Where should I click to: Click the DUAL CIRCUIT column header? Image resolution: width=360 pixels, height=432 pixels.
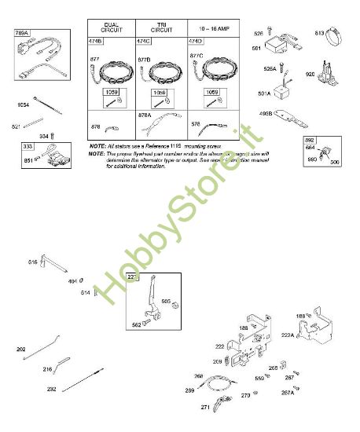click(x=111, y=25)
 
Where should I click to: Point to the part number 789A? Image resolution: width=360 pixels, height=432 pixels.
click(x=21, y=34)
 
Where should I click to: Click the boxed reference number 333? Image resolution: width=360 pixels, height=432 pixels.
click(x=28, y=146)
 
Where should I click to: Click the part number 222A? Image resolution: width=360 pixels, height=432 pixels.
click(x=288, y=335)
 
